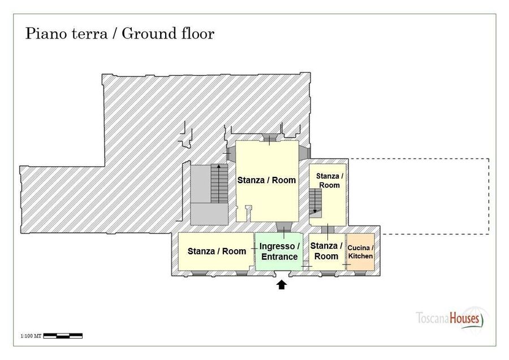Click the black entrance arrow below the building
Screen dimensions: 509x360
click(x=282, y=284)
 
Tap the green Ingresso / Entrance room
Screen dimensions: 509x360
click(x=279, y=251)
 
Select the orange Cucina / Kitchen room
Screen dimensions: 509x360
click(x=360, y=251)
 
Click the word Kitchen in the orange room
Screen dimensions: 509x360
click(x=360, y=256)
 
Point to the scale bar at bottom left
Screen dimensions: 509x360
click(x=63, y=336)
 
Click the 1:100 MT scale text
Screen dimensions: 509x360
click(x=31, y=336)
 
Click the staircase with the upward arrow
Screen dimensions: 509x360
click(x=219, y=184)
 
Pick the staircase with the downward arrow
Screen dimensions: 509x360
click(x=315, y=202)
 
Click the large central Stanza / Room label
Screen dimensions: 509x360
click(x=266, y=180)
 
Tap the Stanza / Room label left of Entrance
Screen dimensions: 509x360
click(x=217, y=251)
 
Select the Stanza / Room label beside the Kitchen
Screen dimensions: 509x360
click(x=326, y=251)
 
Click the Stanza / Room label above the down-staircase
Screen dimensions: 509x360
click(x=330, y=181)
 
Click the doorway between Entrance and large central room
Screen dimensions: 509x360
click(x=284, y=228)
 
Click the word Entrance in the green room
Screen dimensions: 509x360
click(x=279, y=257)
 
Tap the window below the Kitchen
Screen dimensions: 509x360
click(x=360, y=274)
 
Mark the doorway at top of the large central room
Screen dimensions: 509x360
click(x=269, y=138)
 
